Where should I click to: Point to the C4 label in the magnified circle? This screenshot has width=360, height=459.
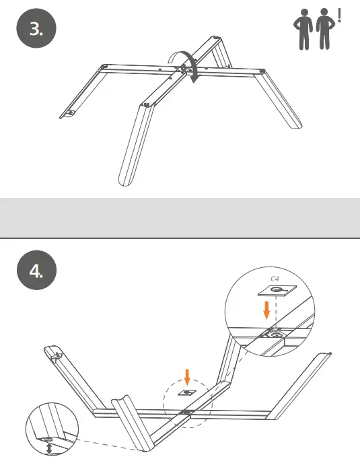tap(275, 278)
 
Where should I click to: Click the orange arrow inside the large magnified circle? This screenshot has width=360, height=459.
tap(267, 310)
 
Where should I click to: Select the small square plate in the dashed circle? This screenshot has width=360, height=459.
tap(186, 392)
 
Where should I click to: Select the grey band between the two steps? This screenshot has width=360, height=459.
tap(180, 217)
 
